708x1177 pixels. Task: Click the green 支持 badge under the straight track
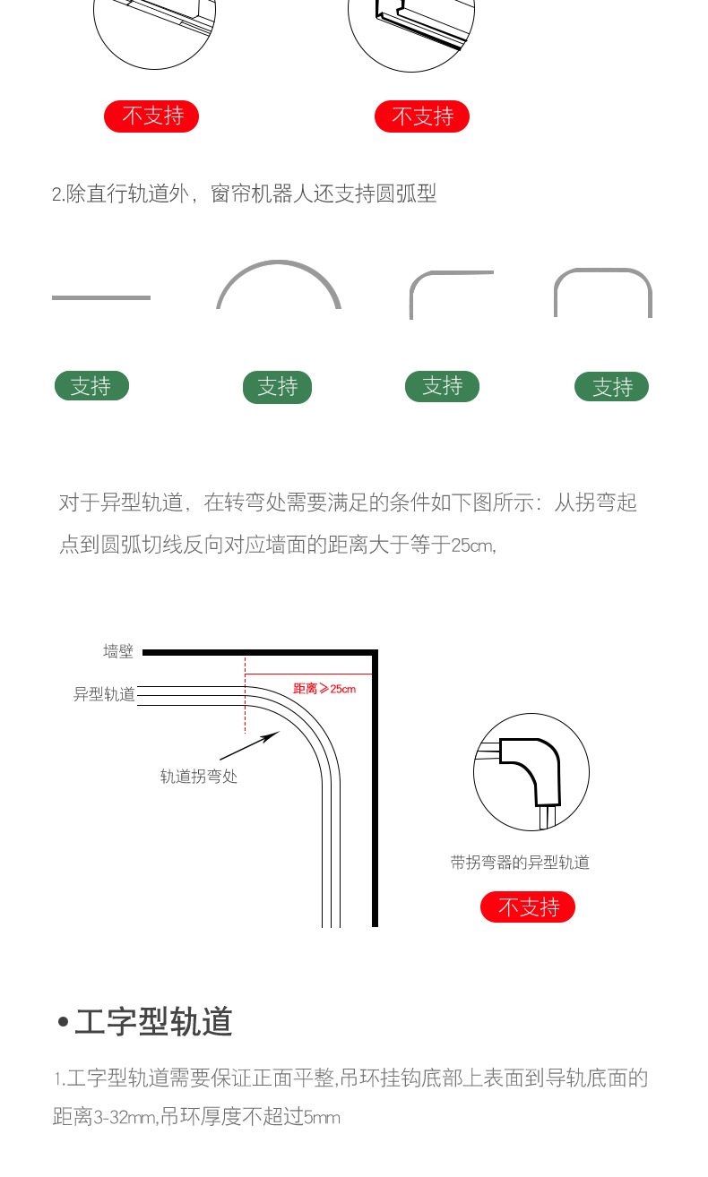click(91, 386)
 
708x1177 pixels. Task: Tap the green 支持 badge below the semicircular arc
click(277, 387)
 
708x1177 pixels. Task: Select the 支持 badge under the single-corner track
click(442, 386)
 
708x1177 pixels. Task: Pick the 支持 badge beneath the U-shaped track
click(611, 387)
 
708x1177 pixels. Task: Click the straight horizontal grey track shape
click(100, 297)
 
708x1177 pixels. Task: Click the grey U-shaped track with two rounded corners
click(602, 271)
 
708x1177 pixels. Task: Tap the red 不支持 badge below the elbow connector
click(527, 907)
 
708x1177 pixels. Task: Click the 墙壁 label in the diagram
click(117, 652)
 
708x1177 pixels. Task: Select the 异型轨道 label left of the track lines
click(104, 694)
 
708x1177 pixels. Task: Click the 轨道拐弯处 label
click(198, 777)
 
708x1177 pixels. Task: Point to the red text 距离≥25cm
click(324, 689)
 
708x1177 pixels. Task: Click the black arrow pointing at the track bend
click(249, 746)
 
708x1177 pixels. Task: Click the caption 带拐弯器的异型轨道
click(520, 863)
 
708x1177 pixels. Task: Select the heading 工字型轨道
click(153, 1022)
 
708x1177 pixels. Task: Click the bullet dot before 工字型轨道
click(63, 1022)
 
